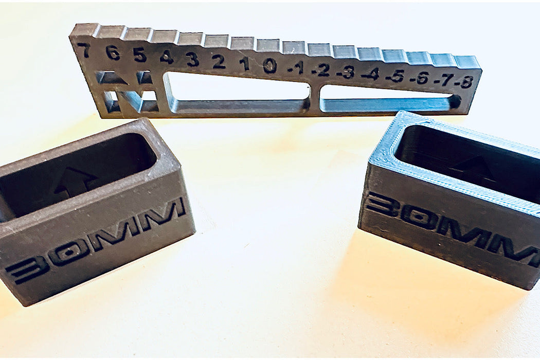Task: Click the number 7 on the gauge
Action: [x=84, y=50]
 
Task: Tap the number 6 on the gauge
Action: [x=113, y=52]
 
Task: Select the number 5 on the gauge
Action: [x=140, y=55]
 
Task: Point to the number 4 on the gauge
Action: [x=166, y=57]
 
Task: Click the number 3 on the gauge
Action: [x=192, y=60]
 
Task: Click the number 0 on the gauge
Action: [x=269, y=66]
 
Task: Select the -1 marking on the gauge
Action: [x=296, y=68]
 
